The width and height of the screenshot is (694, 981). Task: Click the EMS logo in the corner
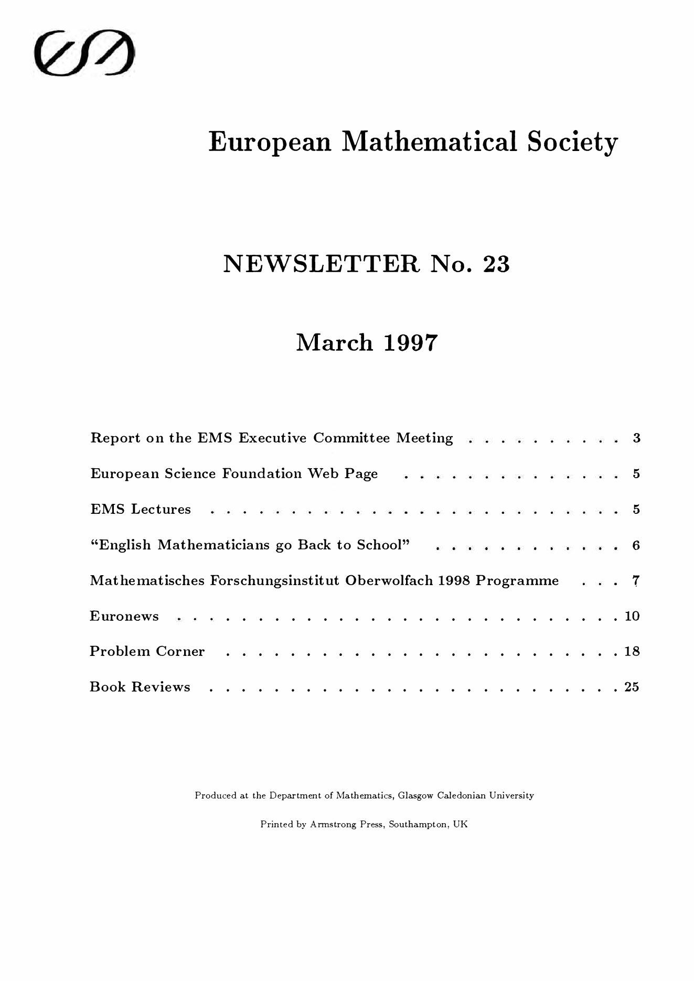[x=84, y=53]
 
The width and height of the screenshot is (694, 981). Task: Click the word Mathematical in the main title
[x=429, y=142]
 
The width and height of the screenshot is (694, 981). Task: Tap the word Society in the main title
[x=572, y=143]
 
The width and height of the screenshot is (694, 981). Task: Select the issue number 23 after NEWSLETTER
[x=496, y=264]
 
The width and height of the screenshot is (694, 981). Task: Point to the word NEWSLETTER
[x=321, y=264]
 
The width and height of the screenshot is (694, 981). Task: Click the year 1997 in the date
[x=410, y=343]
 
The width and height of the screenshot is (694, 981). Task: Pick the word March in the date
[x=335, y=343]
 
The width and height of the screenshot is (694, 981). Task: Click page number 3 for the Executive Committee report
[x=636, y=438]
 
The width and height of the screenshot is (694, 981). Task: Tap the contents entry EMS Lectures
[x=141, y=509]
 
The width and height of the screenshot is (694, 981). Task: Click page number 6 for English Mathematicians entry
[x=636, y=545]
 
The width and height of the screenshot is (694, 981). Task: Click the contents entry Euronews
[x=124, y=616]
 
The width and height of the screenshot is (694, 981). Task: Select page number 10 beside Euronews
[x=632, y=616]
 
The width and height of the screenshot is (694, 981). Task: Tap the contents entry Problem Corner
[x=147, y=651]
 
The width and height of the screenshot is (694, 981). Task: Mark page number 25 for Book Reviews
[x=632, y=687]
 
